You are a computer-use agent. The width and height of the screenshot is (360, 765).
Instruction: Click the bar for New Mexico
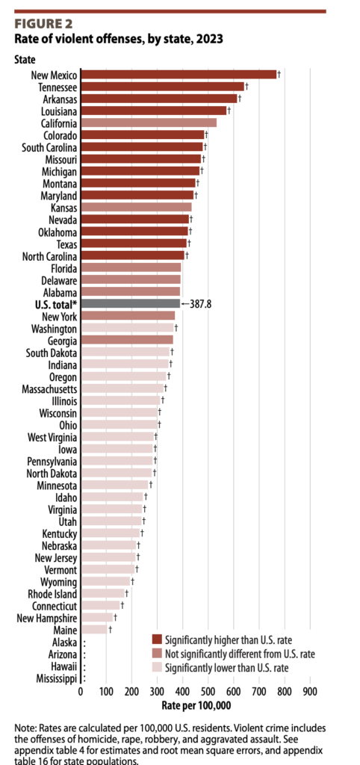(179, 74)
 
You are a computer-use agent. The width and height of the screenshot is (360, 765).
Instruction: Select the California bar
(148, 123)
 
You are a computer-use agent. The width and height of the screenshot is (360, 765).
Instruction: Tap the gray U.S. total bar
(130, 304)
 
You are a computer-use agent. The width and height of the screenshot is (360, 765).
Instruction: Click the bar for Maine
(93, 630)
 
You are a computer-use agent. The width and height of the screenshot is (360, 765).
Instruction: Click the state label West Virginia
(51, 436)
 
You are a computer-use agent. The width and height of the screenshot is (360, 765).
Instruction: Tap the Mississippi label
(51, 678)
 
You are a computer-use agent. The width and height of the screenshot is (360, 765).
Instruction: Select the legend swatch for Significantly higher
(156, 639)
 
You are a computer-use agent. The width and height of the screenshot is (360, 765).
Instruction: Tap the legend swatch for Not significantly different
(156, 654)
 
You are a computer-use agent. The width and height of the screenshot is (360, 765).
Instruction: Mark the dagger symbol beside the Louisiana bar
(229, 111)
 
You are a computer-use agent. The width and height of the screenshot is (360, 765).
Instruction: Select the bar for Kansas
(136, 207)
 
